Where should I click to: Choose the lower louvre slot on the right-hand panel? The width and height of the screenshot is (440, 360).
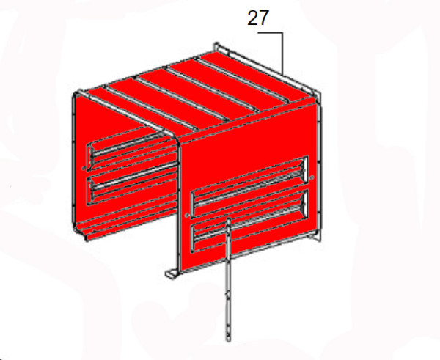click(246, 218)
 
